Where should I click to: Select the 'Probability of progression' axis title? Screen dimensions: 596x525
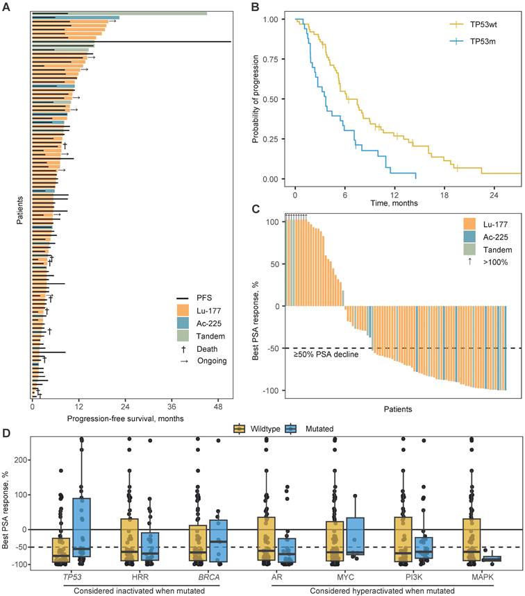pos(256,98)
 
